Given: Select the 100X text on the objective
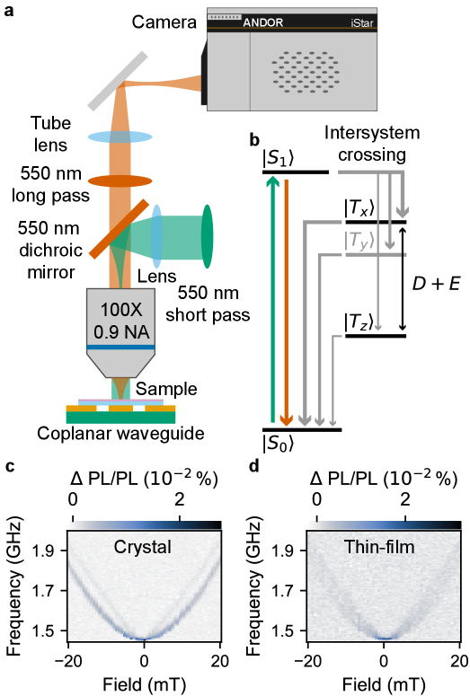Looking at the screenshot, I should coord(121,310).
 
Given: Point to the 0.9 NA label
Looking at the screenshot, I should coord(121,330).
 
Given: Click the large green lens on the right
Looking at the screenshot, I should coord(208,236).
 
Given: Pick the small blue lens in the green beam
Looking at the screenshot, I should coord(157,236).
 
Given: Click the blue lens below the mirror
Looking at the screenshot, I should coord(121,137).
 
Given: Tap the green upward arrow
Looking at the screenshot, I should coord(272,296).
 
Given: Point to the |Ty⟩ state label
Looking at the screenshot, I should coord(359,240).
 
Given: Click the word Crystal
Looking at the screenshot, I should coord(143,547).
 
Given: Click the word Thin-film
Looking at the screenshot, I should coord(379,546).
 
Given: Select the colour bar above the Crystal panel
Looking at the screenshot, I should coord(144,524).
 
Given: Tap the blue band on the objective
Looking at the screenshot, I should coord(121,347).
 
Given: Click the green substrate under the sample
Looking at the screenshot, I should coord(120,417).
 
